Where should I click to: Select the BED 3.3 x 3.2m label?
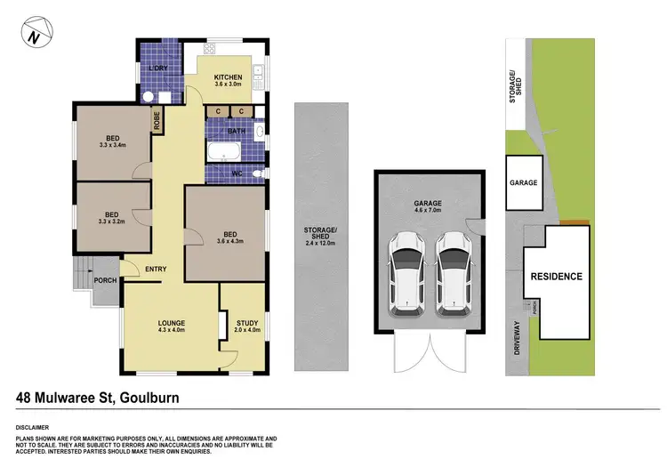tap(111, 218)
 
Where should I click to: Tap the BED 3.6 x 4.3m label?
tap(229, 238)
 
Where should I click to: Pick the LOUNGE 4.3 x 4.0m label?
tap(171, 325)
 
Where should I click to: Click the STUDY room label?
tap(247, 326)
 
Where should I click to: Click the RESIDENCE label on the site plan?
tap(556, 276)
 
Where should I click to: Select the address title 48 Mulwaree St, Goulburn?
tap(98, 398)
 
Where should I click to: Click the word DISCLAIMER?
tap(33, 428)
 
